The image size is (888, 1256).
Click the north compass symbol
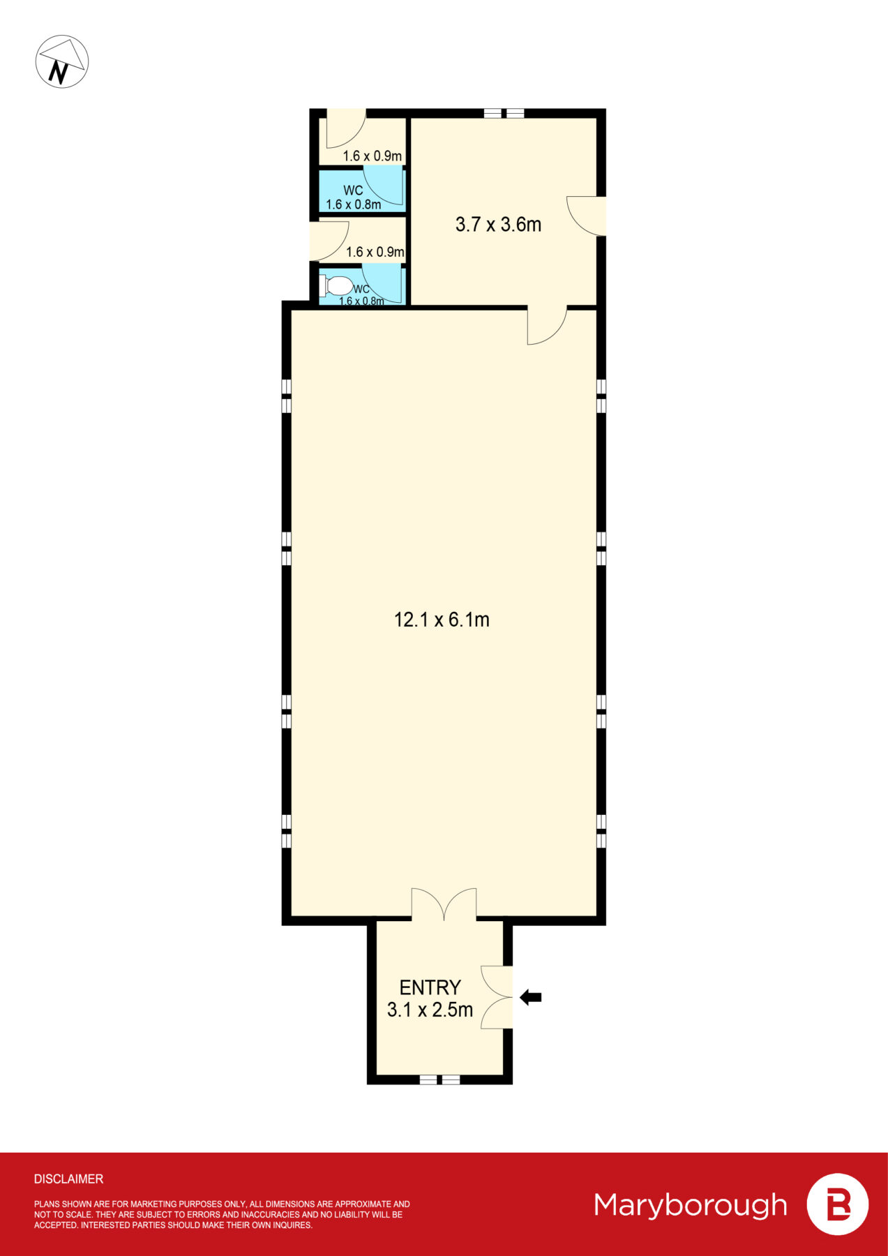click(62, 61)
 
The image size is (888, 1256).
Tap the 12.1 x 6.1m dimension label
click(442, 620)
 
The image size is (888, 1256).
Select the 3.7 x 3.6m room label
click(498, 225)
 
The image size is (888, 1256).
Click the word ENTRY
click(430, 987)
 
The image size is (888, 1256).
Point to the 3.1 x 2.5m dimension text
click(430, 1010)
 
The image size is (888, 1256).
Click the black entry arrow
click(531, 998)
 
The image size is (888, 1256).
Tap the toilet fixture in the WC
click(336, 286)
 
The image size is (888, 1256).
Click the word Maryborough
click(691, 1205)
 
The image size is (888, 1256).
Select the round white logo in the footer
click(837, 1204)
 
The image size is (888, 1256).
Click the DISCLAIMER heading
click(68, 1179)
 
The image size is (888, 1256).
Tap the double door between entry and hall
click(444, 904)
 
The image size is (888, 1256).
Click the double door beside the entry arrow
click(497, 997)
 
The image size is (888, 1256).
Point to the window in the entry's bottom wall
click(439, 1079)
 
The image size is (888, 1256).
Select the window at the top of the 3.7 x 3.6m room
click(504, 113)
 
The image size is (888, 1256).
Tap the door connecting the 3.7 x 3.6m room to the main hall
click(547, 325)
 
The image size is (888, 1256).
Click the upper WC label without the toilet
click(353, 190)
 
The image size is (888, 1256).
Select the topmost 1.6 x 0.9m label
click(372, 156)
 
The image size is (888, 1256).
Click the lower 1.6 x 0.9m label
click(375, 252)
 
